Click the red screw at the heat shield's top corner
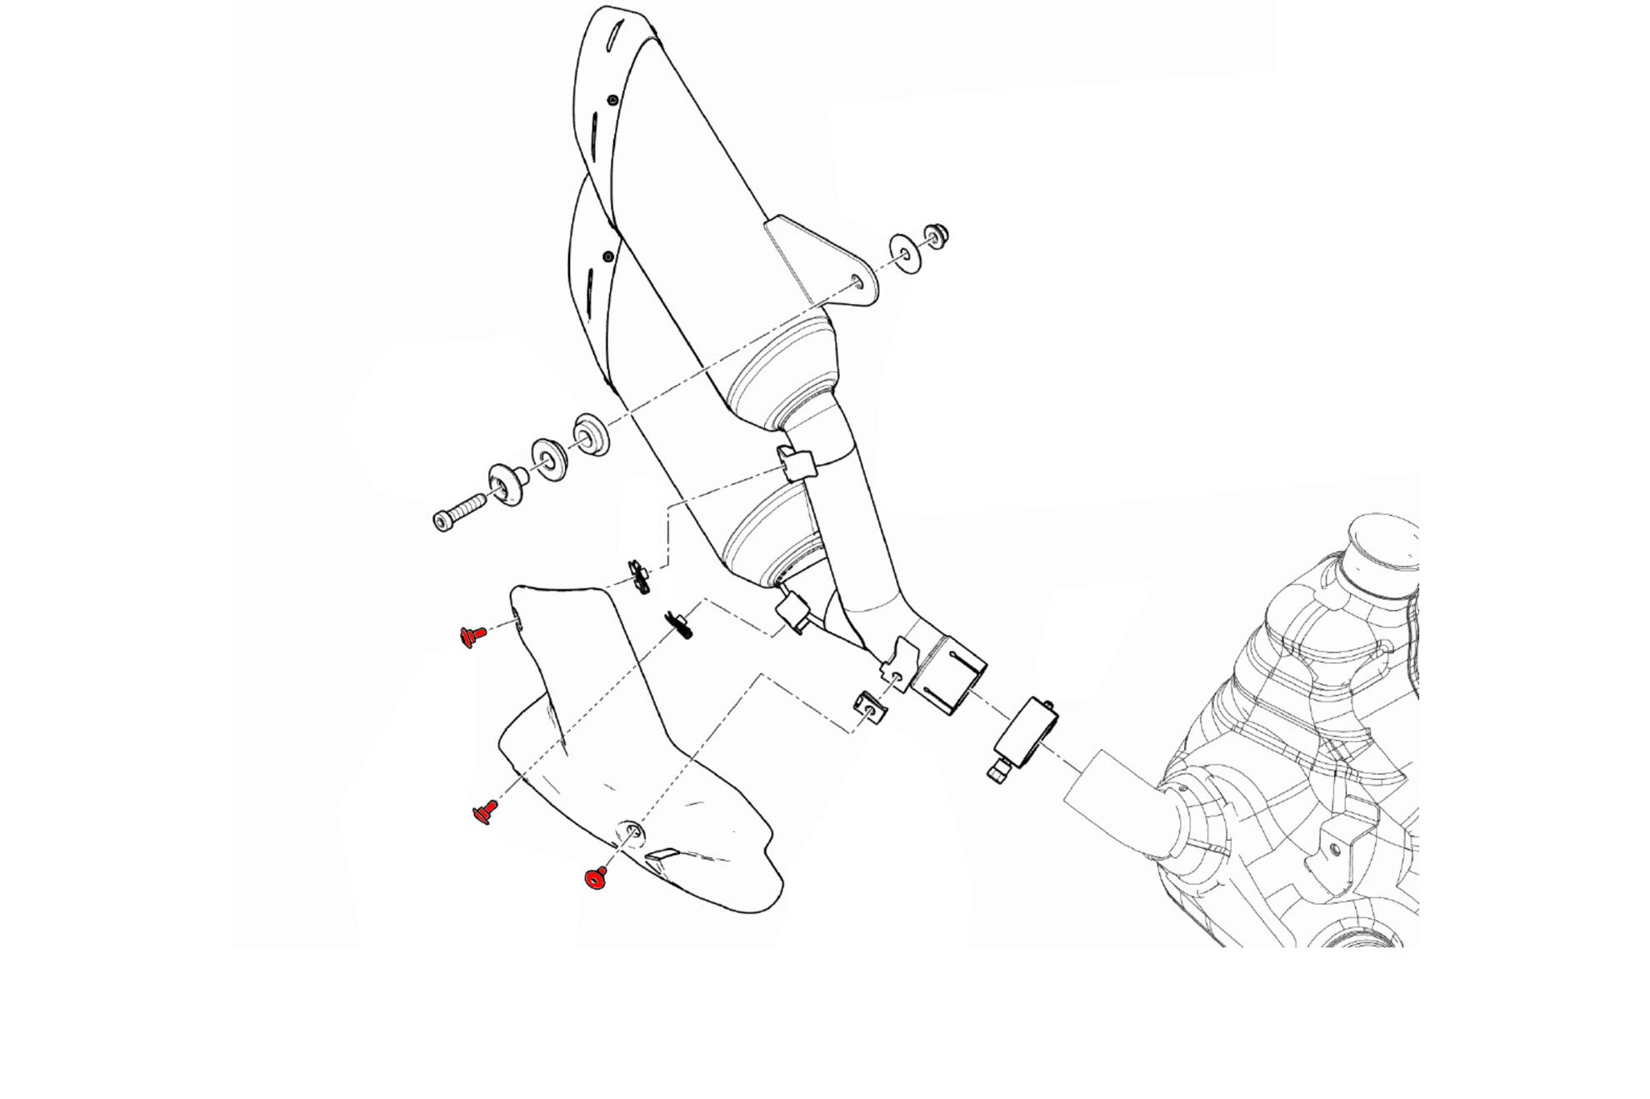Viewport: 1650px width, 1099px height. [x=473, y=637]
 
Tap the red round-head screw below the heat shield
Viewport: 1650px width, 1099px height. [x=596, y=878]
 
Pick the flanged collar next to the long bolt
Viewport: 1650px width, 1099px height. [x=505, y=484]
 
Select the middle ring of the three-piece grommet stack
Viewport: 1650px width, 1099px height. [x=549, y=459]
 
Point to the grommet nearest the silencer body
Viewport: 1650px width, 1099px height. [x=591, y=434]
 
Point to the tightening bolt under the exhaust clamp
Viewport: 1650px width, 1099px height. [x=997, y=772]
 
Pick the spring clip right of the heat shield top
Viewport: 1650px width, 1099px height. [x=678, y=625]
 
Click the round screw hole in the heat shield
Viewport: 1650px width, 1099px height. [x=630, y=830]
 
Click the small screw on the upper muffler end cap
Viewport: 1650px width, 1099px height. [x=613, y=101]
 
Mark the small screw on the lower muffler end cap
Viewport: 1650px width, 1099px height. [x=607, y=256]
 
